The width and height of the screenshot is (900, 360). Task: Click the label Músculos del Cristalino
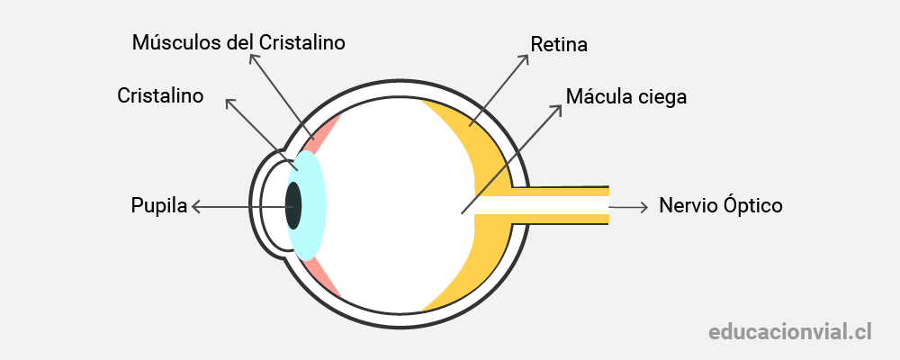(x=238, y=42)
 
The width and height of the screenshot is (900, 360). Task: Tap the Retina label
(x=559, y=44)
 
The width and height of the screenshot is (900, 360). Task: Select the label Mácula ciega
(x=626, y=96)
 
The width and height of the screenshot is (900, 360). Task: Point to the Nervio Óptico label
(x=720, y=205)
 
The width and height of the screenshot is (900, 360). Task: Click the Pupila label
(x=159, y=205)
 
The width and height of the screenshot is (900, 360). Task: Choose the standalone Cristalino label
(x=160, y=95)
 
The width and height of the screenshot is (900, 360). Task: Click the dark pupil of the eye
(x=293, y=205)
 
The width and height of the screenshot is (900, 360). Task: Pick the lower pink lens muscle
(x=324, y=278)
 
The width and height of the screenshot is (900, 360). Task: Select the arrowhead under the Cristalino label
(x=231, y=103)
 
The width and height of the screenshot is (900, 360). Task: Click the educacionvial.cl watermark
(x=790, y=332)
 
